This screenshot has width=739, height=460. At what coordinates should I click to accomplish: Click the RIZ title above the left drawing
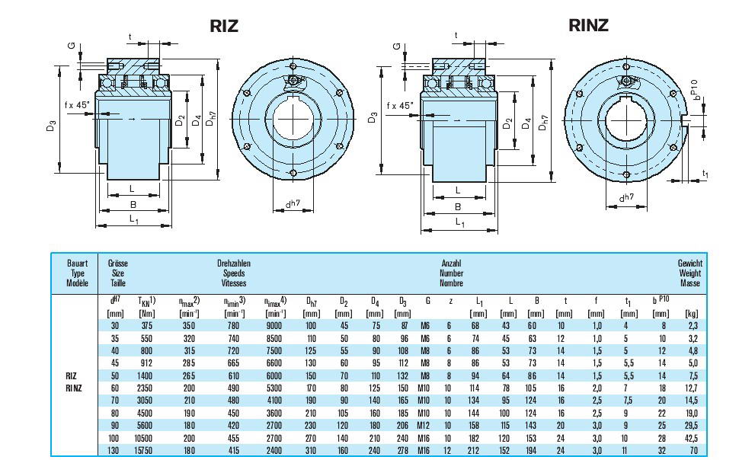tap(224, 26)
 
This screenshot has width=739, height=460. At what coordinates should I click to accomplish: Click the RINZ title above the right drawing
tap(589, 25)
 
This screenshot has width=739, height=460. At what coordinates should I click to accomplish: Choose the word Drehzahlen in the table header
tap(234, 264)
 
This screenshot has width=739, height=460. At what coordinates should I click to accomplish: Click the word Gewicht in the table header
tap(689, 264)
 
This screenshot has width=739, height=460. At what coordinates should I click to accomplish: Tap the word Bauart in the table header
tap(78, 264)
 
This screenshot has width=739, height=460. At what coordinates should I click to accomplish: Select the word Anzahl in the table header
tap(451, 264)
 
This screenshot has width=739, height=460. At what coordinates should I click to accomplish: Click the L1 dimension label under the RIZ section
tap(133, 220)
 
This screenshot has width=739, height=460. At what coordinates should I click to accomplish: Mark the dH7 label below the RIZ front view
tap(293, 203)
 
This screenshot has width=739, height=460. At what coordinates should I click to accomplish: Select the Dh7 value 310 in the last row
tap(311, 450)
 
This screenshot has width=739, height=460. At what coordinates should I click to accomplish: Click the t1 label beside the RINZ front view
tap(705, 174)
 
